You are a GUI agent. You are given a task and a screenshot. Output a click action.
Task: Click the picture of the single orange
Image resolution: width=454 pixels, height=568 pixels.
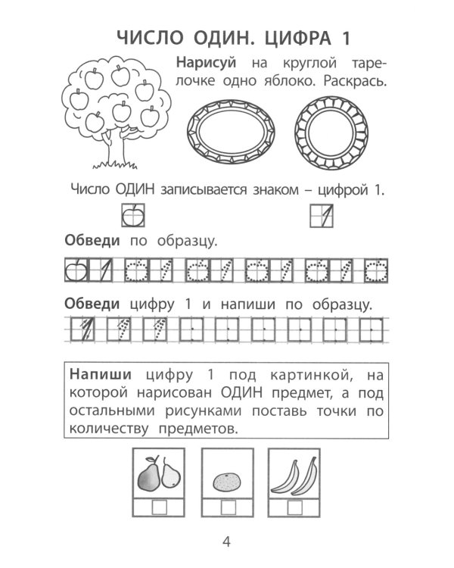tap(226, 481)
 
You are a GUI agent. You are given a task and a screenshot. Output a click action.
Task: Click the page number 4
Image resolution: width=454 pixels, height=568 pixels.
tap(226, 542)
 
